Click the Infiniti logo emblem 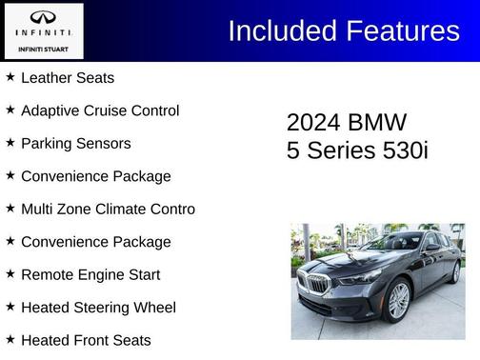[x=43, y=18]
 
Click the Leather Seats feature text [x=67, y=78]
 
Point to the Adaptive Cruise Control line [x=99, y=110]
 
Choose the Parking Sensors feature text [x=75, y=144]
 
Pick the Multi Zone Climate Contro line [x=108, y=210]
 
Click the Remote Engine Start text [x=90, y=275]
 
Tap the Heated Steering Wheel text [x=98, y=308]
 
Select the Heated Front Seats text [x=86, y=340]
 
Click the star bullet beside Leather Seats [x=10, y=77]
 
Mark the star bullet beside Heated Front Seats [x=10, y=339]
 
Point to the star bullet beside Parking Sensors [x=10, y=143]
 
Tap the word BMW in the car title [x=378, y=123]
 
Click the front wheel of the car [x=397, y=299]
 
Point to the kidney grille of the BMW [x=317, y=283]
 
